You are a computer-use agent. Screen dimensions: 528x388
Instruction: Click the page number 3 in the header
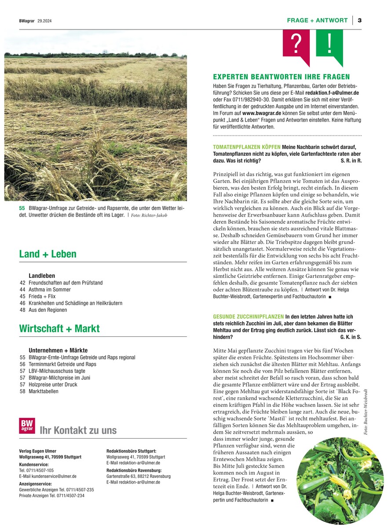point(359,20)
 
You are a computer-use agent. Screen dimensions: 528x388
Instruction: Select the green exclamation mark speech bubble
point(329,43)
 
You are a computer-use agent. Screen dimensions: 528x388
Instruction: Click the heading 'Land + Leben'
point(48,254)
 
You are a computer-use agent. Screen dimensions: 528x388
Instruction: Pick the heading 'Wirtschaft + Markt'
point(59,329)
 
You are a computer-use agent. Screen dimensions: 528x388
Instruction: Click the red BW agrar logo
point(27,426)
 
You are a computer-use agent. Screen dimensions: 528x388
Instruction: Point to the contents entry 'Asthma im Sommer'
point(49,290)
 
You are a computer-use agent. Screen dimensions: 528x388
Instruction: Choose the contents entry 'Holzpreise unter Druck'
point(53,384)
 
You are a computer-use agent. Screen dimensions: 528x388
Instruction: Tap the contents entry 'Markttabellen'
point(43,391)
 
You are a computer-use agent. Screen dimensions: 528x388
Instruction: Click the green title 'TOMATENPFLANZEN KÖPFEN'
point(246,147)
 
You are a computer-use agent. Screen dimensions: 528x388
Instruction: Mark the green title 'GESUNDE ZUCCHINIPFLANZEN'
point(248,317)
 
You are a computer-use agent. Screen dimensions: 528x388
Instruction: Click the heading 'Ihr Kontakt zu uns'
point(78,431)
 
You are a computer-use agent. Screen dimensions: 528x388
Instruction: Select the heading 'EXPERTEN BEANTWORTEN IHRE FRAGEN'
point(281,77)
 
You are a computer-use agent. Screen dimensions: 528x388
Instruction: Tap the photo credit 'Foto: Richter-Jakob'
point(149,215)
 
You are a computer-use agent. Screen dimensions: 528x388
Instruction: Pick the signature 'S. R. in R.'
point(351,161)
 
